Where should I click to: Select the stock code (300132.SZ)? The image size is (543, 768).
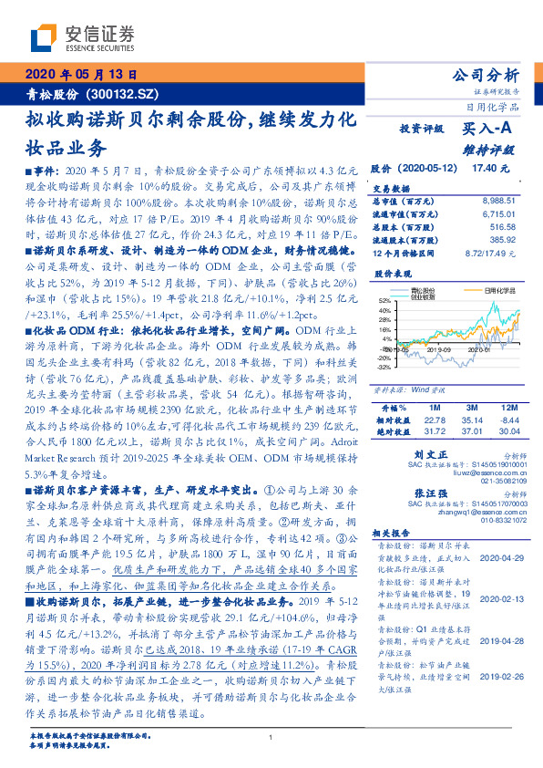click(125, 94)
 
